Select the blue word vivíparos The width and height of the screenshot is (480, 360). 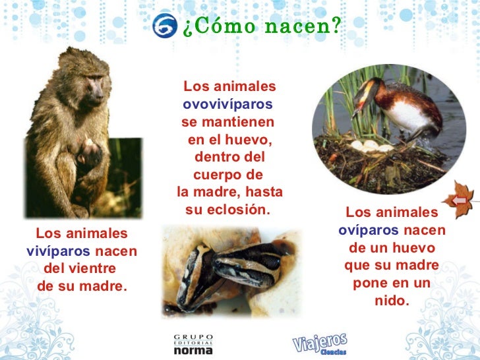[x=58, y=251]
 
